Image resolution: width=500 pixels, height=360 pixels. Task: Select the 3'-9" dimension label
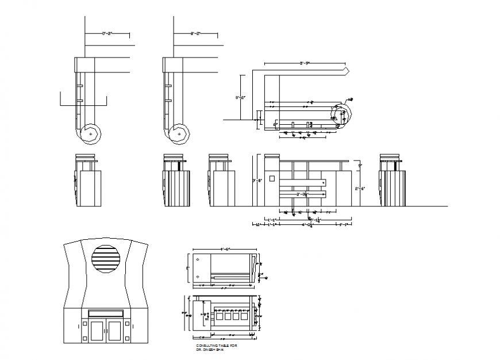click(x=305, y=62)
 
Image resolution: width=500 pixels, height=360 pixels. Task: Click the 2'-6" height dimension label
click(x=357, y=188)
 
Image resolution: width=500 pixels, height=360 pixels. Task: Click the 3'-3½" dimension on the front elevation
click(x=302, y=195)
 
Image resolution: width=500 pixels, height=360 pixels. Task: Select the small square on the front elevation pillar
click(x=272, y=178)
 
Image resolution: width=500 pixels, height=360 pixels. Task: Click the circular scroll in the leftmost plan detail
click(x=90, y=133)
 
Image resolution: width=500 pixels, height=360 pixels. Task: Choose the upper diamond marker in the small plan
click(x=198, y=260)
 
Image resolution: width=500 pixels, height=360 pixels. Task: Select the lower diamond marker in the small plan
click(x=198, y=277)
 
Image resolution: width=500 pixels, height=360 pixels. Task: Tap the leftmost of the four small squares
click(x=219, y=315)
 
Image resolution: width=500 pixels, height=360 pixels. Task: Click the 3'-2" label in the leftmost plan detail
click(x=107, y=34)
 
